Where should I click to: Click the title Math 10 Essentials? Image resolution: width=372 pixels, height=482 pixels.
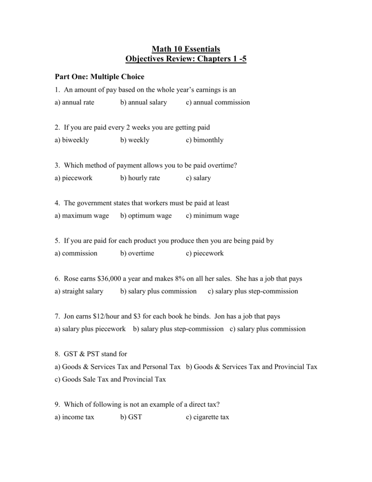pos(186,48)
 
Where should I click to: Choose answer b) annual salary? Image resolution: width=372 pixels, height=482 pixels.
pos(143,102)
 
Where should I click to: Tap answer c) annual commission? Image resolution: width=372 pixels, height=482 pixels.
pos(218,102)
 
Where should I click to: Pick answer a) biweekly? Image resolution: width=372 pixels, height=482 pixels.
pos(71,140)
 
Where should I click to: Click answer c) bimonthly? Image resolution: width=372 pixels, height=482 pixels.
pos(205,140)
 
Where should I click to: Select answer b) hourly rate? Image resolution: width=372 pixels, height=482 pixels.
pos(140,178)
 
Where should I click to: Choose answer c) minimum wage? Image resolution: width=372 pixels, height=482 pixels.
pos(212,216)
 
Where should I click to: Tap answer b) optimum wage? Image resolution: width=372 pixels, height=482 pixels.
pos(146,216)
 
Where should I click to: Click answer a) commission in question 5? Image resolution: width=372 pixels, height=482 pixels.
pos(76,253)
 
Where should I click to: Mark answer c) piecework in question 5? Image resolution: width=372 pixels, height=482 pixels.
pos(205,253)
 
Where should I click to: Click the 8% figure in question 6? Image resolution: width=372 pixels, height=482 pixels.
pos(182,279)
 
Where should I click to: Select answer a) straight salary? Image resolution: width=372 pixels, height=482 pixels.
pos(79,291)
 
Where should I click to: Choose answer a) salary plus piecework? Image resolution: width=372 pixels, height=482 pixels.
pos(90,329)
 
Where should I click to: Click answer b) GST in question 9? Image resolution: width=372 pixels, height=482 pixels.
pos(131,417)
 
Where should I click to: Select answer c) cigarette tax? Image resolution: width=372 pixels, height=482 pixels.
pos(207,417)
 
